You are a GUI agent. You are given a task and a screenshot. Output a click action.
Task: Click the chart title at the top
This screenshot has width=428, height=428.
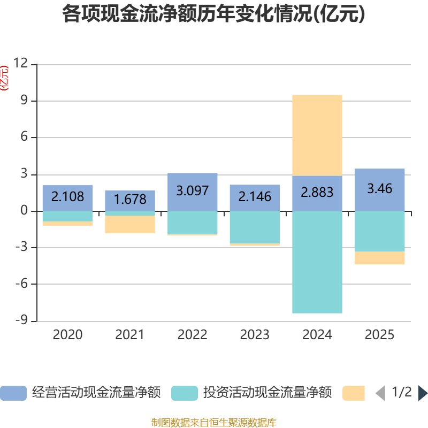(x=214, y=14)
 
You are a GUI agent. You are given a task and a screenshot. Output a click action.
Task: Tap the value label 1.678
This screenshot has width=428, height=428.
(x=129, y=200)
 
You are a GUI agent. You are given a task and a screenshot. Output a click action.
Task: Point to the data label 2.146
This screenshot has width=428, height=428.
(x=255, y=197)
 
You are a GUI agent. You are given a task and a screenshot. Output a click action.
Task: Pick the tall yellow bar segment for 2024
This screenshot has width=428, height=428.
(x=317, y=135)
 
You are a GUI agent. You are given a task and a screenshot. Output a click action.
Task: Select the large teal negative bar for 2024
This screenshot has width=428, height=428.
(x=317, y=262)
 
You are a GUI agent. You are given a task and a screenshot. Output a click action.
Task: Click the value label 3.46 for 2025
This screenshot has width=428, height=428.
(x=379, y=188)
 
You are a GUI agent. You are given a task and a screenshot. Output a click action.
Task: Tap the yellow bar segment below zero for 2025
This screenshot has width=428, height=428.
(x=379, y=258)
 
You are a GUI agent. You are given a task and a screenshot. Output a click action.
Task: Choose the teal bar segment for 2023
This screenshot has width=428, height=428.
(x=255, y=227)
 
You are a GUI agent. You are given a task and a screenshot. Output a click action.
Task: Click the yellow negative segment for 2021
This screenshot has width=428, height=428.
(x=129, y=225)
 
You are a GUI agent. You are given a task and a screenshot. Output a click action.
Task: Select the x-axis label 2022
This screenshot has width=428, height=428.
(x=192, y=335)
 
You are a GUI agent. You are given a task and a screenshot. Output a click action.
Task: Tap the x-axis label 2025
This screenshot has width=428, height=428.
(x=379, y=335)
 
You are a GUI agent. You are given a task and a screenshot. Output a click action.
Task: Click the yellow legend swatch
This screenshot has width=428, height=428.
(x=354, y=393)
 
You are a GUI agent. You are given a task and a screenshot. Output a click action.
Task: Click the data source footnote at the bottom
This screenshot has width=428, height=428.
(x=214, y=422)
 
